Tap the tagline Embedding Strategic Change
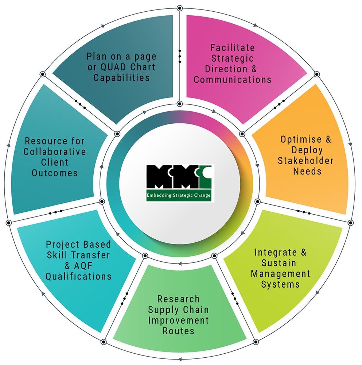point(179,196)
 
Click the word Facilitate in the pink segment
point(233,48)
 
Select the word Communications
point(233,80)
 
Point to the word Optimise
point(296,139)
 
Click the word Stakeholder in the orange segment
point(305,161)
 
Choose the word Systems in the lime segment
point(280,284)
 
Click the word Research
point(179,299)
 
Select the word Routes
point(178,331)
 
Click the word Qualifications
point(78,276)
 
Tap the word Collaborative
point(55,151)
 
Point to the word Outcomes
point(55,173)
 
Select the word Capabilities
point(121,78)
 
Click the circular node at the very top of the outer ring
point(179,8)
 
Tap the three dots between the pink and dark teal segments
point(179,57)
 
